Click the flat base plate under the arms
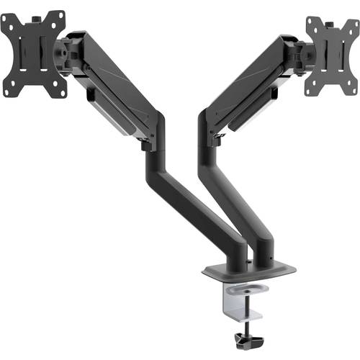pyautogui.click(x=248, y=271)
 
